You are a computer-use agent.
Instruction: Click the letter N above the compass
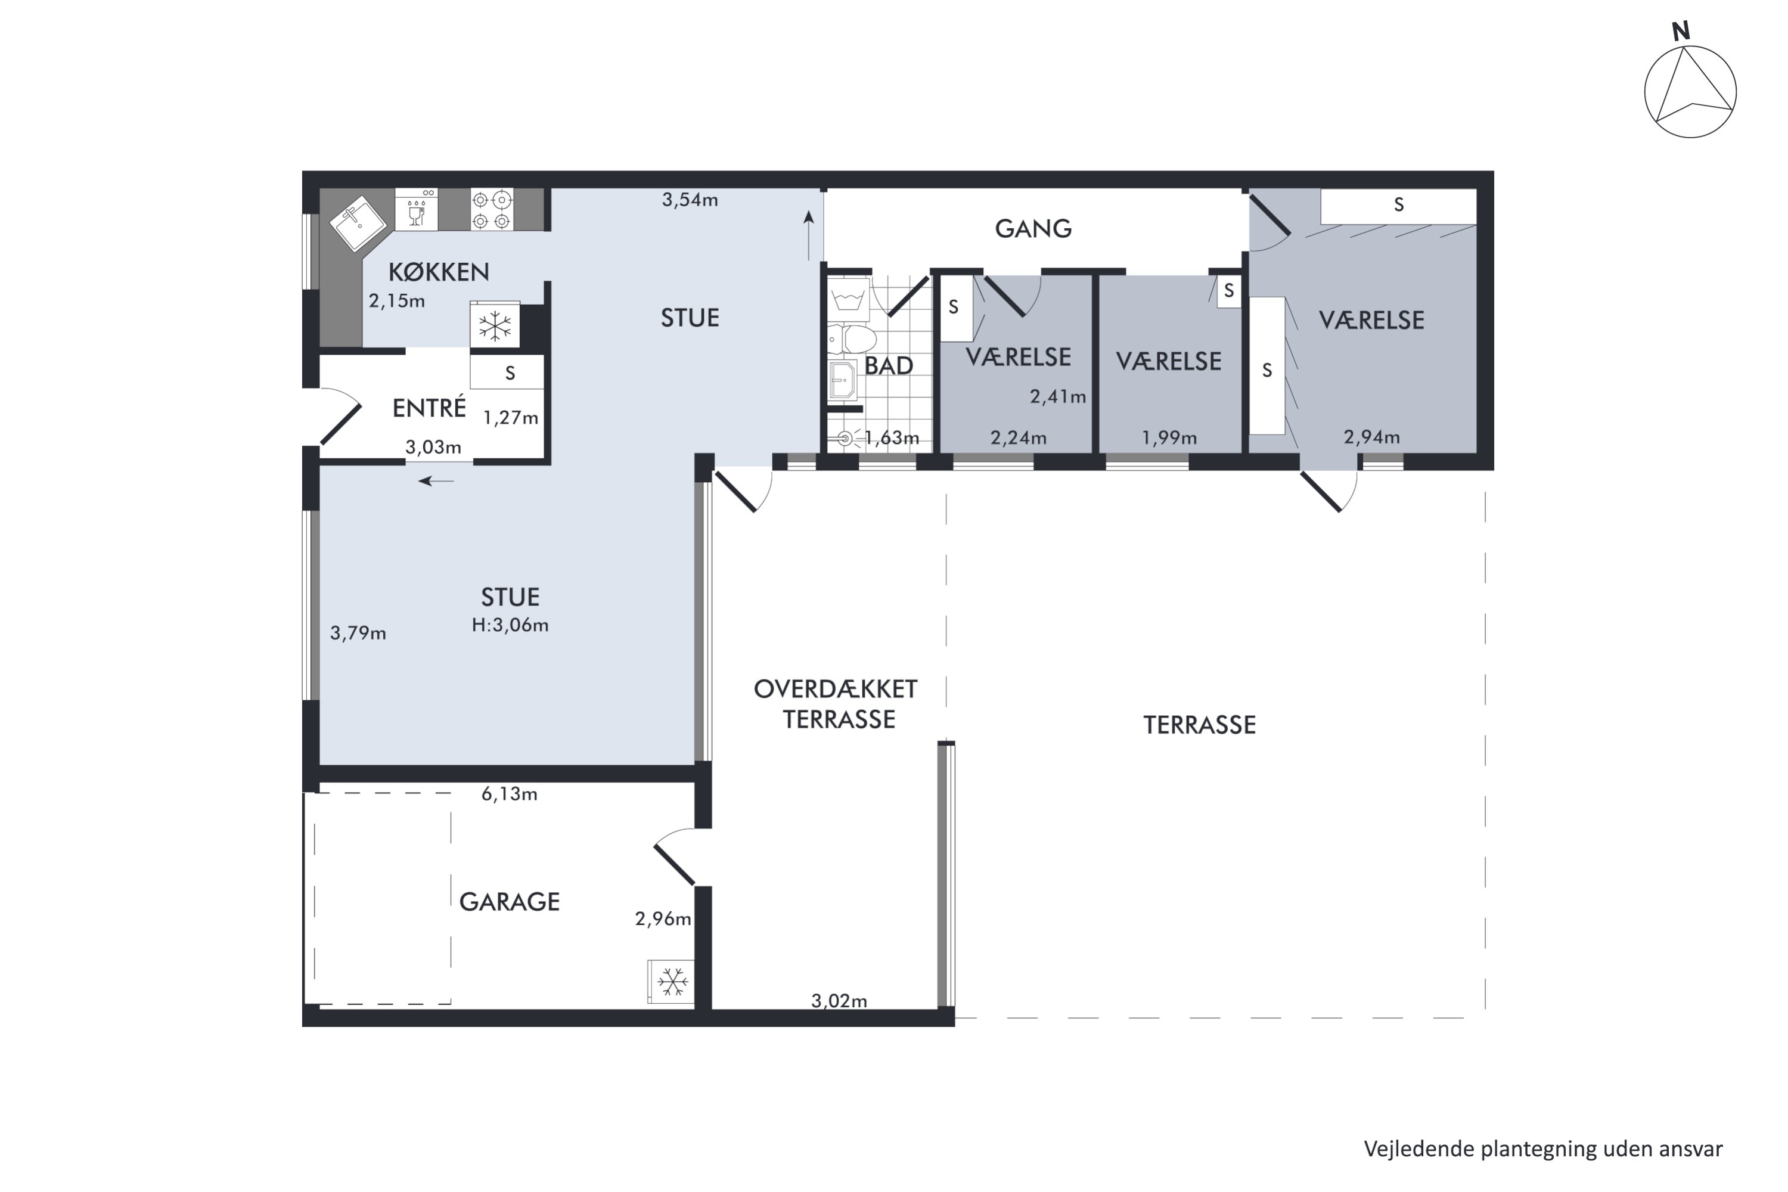[1680, 31]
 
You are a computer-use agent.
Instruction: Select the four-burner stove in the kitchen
[491, 210]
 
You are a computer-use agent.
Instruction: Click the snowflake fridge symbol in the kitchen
[495, 326]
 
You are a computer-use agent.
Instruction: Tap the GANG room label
[1033, 228]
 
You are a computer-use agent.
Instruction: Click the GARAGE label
[510, 902]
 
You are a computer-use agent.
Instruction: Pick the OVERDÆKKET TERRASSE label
[836, 704]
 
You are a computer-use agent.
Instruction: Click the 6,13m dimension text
[510, 794]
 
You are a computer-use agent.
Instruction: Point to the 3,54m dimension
[690, 200]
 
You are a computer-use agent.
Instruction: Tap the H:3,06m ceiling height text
[510, 625]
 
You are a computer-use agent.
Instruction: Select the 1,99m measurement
[1169, 438]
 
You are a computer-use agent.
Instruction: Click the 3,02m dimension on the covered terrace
[839, 1001]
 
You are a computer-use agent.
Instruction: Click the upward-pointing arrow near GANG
[809, 235]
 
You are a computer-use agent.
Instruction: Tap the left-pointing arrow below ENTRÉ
[436, 481]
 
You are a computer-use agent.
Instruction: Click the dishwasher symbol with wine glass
[417, 210]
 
